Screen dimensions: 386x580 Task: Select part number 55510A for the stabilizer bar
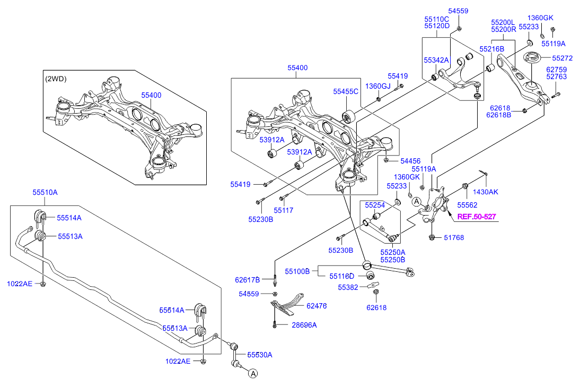pos(45,193)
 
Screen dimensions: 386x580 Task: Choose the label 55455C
pos(346,91)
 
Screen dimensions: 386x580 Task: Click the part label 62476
pos(317,306)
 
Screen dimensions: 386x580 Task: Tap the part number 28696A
pos(304,325)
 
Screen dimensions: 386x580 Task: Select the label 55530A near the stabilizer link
pos(259,355)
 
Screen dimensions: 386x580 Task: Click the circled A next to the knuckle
pos(417,202)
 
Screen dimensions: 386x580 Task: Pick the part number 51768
pos(454,238)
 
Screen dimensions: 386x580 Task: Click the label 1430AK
pos(486,192)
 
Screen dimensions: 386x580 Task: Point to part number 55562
pos(468,204)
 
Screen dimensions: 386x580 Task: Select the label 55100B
pos(297,271)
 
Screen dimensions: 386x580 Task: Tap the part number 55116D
pos(341,276)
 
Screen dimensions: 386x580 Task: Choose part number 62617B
pos(247,280)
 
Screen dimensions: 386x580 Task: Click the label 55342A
pos(436,61)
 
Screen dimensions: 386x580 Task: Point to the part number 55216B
pos(492,49)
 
